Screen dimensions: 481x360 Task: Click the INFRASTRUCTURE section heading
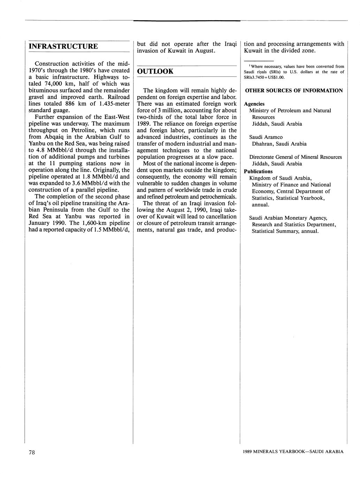[x=63, y=46]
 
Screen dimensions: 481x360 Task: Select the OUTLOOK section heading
[x=155, y=72]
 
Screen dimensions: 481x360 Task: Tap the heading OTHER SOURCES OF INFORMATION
[x=294, y=91]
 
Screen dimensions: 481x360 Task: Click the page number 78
[x=32, y=452]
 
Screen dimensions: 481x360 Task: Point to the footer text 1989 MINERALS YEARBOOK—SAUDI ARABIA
[x=293, y=451]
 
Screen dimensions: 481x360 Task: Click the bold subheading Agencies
[x=254, y=104]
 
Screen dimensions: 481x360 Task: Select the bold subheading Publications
[x=258, y=171]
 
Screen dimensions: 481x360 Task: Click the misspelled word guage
[x=62, y=110]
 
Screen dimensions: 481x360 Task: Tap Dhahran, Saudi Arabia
[x=279, y=144]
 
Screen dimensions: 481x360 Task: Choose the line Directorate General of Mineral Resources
[x=296, y=157]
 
